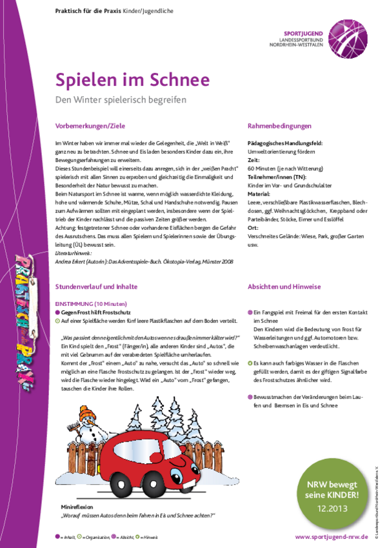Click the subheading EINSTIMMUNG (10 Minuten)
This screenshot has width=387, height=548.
pos(92,303)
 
